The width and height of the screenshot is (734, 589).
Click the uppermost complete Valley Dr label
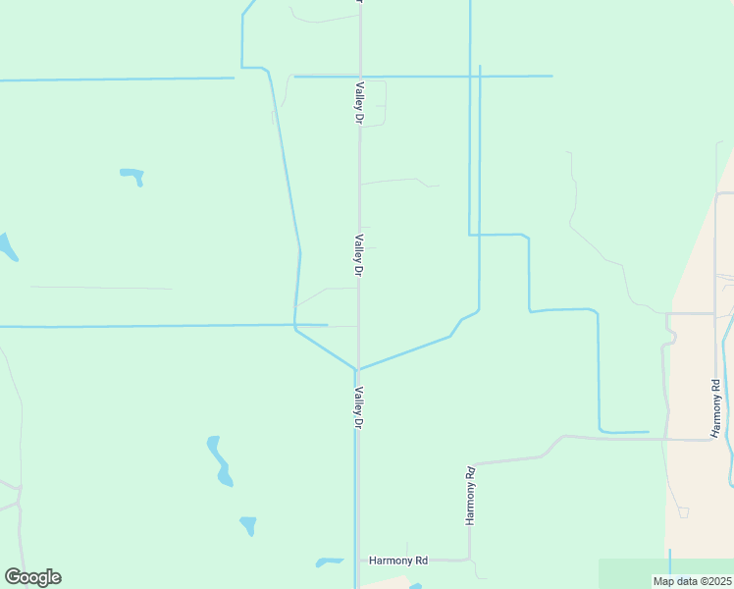coord(360,102)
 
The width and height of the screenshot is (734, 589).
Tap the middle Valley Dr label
coord(360,253)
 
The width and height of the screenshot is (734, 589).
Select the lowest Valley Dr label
coord(359,407)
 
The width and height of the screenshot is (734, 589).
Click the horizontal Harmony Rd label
coord(398,561)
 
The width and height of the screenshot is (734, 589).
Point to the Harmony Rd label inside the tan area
coord(716,407)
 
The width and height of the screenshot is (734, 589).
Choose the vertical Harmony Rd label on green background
coord(471,496)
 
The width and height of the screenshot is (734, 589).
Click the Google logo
coord(32,577)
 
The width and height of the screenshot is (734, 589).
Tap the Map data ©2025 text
coord(692,581)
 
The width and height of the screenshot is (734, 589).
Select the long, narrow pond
coord(220,460)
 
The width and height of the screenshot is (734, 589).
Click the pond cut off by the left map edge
coord(7,246)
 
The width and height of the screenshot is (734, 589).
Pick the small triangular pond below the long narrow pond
coord(248,524)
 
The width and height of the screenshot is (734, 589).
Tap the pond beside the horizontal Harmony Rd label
coord(329,562)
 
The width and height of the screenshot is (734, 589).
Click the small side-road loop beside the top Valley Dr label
coord(377,103)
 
